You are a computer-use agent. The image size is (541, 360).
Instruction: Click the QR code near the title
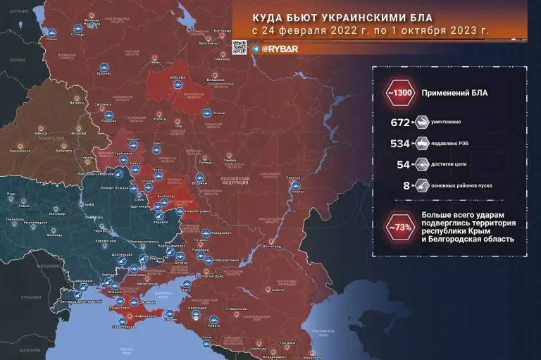pyautogui.click(x=240, y=48)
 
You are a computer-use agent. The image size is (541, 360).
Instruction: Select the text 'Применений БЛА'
pyautogui.click(x=454, y=93)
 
